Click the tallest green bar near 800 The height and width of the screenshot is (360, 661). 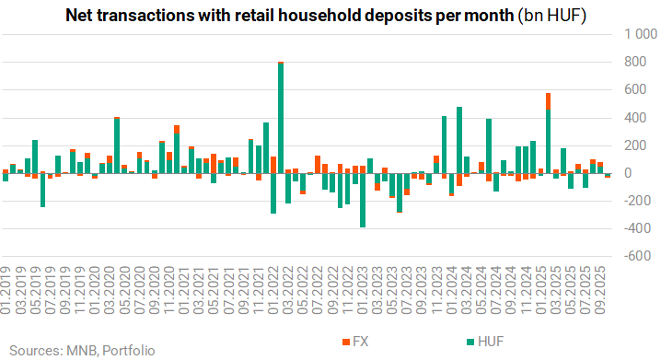click(281, 118)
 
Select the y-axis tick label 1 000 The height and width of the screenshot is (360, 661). click(641, 34)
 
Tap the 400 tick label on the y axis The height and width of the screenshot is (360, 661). click(635, 118)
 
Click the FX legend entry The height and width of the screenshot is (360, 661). click(355, 342)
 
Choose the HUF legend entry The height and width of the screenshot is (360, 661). click(485, 342)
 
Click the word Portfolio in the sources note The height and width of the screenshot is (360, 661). click(129, 351)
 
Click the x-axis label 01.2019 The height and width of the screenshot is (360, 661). click(5, 290)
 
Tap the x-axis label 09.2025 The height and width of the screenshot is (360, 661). click(599, 290)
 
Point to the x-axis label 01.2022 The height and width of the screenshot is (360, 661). click(273, 290)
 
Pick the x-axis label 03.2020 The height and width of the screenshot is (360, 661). click(110, 290)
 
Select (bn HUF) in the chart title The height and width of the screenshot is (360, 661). click(551, 16)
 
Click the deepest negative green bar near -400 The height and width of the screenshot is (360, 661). click(362, 200)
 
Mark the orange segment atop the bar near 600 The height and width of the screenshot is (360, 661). click(548, 101)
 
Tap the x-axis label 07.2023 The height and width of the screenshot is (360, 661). click(407, 290)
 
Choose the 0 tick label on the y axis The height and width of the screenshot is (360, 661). click(628, 173)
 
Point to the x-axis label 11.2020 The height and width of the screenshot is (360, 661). click(168, 290)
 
